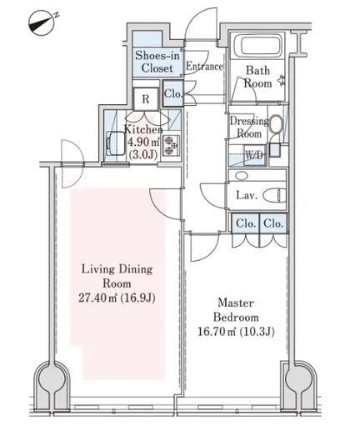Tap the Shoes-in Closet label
[157, 62]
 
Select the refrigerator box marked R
[146, 99]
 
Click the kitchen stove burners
[171, 145]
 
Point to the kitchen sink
[115, 143]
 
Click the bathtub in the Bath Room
[257, 45]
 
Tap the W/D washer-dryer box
[254, 155]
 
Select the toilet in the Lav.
[274, 195]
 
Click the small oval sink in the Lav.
[241, 176]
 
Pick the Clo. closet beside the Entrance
[172, 93]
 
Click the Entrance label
[204, 66]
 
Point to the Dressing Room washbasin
[276, 124]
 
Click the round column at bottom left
[52, 378]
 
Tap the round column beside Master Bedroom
[299, 378]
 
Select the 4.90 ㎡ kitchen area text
[143, 142]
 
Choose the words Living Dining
[117, 269]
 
